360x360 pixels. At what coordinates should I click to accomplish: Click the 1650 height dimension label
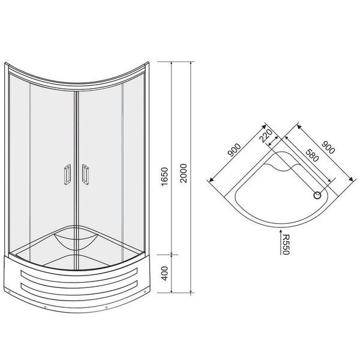[164, 176]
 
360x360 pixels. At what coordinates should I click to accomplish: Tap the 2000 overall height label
[184, 173]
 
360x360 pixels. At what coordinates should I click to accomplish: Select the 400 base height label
[164, 273]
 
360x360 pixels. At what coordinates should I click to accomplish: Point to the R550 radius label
[286, 245]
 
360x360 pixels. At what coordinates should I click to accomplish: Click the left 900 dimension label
[235, 149]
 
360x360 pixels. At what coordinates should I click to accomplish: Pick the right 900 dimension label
[328, 147]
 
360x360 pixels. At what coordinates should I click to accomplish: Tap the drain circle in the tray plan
[317, 196]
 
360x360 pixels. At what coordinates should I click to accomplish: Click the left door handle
[67, 175]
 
